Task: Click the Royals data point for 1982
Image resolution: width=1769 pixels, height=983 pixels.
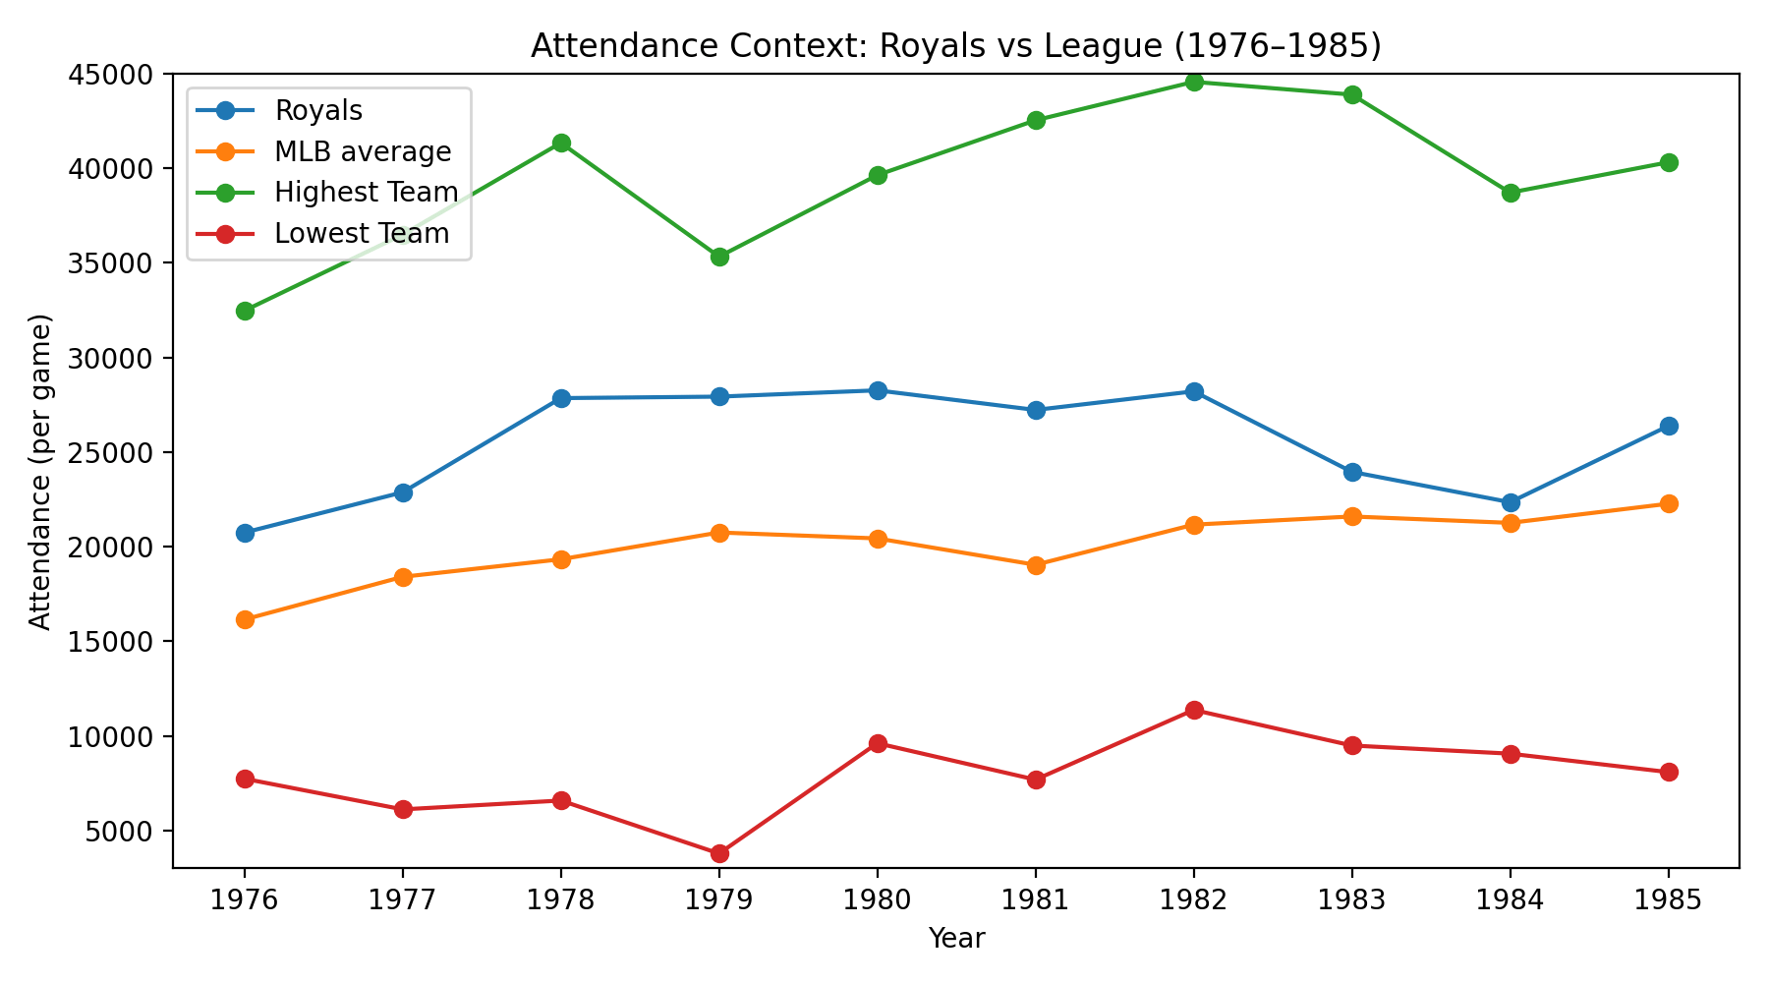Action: tap(1194, 391)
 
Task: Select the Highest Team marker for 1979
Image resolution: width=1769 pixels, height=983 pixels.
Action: tap(719, 257)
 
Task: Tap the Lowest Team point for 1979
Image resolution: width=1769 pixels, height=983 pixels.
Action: tap(719, 853)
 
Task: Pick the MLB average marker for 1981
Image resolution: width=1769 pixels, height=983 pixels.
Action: tap(1036, 565)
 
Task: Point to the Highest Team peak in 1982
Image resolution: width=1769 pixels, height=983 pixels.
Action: tap(1194, 82)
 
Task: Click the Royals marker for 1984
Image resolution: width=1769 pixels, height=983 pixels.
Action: tap(1511, 502)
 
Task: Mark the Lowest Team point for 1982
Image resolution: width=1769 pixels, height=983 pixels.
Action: tap(1194, 710)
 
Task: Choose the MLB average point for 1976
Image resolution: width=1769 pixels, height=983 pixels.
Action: tap(245, 619)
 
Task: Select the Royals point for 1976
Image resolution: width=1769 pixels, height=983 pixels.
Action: tap(245, 533)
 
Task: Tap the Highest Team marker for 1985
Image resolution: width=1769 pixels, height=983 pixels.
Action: tap(1669, 162)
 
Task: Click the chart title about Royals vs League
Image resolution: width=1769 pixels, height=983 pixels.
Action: tap(955, 46)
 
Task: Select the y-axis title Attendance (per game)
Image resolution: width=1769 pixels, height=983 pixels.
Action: tap(39, 472)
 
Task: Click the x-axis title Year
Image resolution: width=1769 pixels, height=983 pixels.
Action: tap(955, 939)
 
